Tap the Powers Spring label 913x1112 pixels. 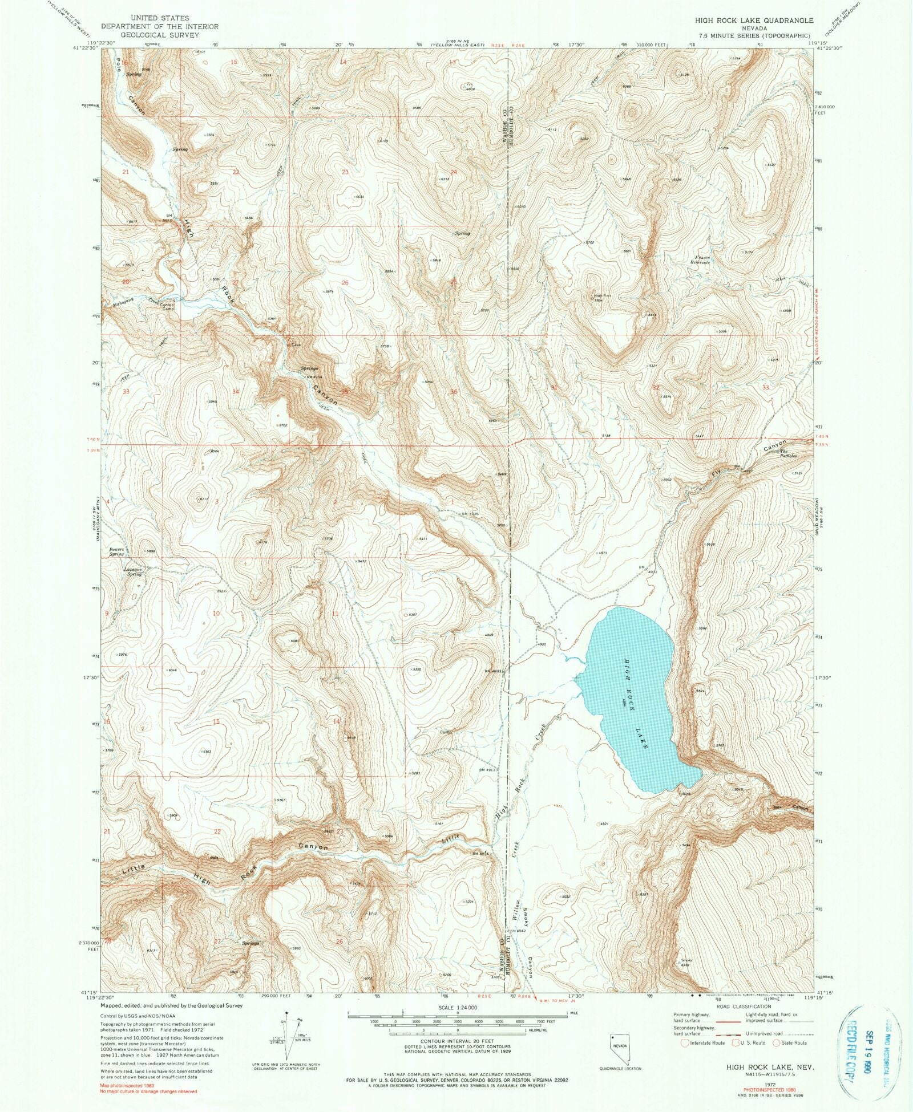pyautogui.click(x=116, y=551)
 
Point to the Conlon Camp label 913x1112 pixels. pyautogui.click(x=166, y=306)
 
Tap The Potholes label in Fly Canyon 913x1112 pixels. pyautogui.click(x=788, y=454)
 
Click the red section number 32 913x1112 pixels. pyautogui.click(x=656, y=387)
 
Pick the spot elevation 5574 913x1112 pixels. pyautogui.click(x=666, y=396)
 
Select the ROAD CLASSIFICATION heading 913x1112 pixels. pyautogui.click(x=744, y=1007)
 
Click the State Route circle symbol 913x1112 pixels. pyautogui.click(x=776, y=1043)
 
